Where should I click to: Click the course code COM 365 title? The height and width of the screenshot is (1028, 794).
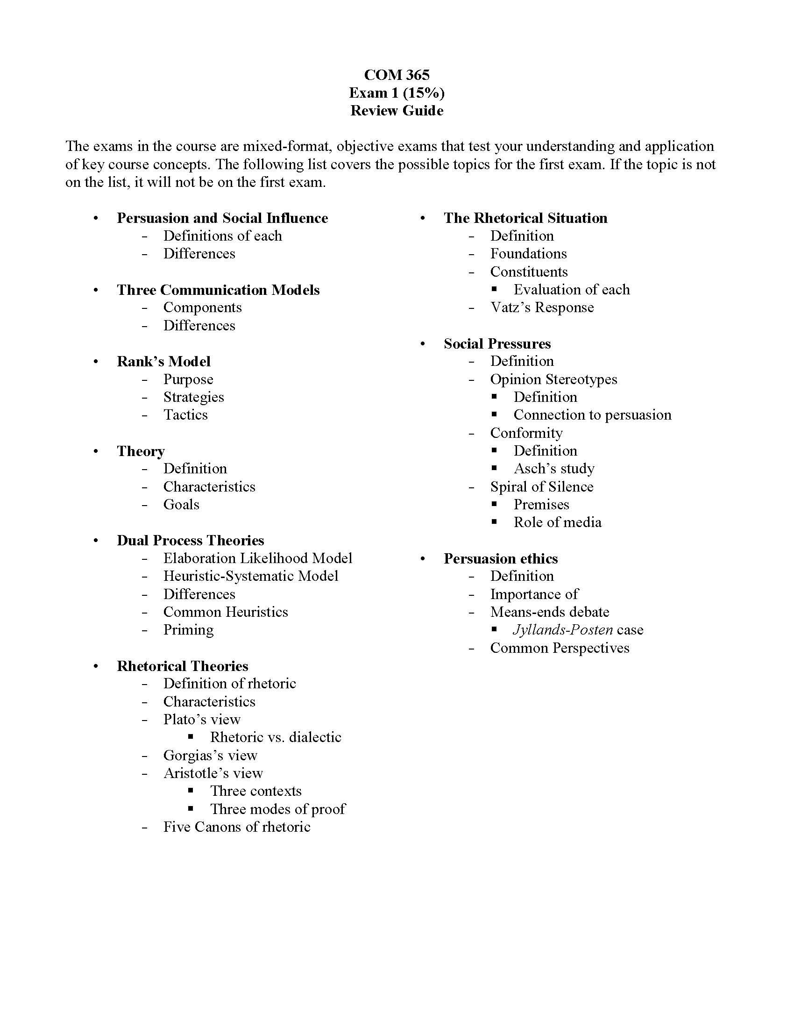[x=397, y=75]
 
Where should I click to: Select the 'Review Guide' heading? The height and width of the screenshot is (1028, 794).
[x=397, y=111]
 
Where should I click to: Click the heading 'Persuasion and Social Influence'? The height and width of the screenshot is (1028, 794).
[x=222, y=218]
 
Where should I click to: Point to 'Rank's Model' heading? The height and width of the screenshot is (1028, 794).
[x=163, y=362]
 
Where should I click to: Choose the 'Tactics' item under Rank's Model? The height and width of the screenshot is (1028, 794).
[x=185, y=414]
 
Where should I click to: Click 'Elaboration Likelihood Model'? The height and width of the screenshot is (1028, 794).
[x=257, y=558]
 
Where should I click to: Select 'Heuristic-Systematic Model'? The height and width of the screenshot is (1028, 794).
[x=251, y=576]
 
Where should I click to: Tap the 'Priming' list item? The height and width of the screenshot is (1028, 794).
[x=188, y=630]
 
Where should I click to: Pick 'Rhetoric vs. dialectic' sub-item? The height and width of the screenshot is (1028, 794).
[x=276, y=737]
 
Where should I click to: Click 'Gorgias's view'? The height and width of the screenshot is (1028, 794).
[x=210, y=756]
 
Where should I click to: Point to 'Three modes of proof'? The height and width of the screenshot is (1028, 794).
[x=277, y=809]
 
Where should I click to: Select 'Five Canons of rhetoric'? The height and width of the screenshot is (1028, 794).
[x=237, y=827]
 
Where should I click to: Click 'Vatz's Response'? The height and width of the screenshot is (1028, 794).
[x=542, y=307]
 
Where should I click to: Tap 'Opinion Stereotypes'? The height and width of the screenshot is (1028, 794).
[x=553, y=379]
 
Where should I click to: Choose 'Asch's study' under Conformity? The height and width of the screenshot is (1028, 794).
[x=553, y=469]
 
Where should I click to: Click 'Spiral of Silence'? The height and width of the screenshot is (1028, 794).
[x=541, y=487]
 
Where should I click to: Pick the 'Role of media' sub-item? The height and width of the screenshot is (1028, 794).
[x=557, y=522]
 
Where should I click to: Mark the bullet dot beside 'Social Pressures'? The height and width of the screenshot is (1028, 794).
[x=422, y=344]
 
